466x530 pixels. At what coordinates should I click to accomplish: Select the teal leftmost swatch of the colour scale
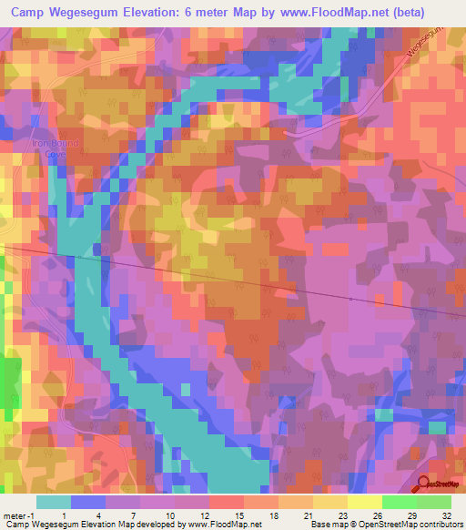pos(54,502)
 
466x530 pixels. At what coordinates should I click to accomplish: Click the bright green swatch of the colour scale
pos(399,502)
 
